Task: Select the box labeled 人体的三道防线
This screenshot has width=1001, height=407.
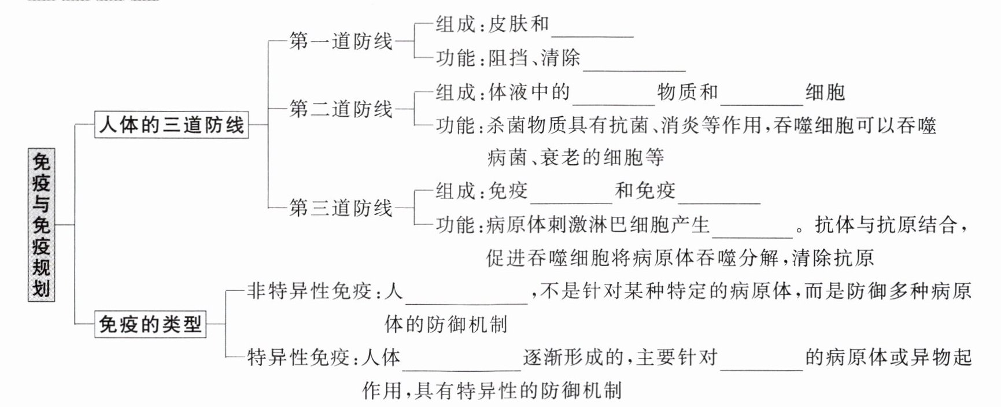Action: click(171, 124)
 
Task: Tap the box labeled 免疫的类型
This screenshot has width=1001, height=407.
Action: click(150, 324)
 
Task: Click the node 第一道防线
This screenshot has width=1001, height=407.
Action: click(341, 42)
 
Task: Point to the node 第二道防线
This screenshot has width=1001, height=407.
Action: click(341, 109)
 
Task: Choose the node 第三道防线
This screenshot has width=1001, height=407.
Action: click(341, 208)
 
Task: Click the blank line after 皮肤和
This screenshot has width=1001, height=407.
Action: click(593, 37)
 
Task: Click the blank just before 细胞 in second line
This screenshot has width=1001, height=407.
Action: click(762, 105)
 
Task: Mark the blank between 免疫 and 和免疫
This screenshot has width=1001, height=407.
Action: click(571, 203)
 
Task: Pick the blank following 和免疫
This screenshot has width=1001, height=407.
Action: click(719, 203)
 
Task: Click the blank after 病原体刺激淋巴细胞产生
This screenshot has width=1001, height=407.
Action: click(752, 237)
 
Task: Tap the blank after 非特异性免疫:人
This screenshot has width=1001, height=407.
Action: click(467, 303)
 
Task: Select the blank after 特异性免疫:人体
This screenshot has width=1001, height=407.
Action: click(461, 369)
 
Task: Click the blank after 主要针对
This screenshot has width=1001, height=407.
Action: click(762, 369)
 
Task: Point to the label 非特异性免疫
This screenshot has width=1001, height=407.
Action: click(309, 290)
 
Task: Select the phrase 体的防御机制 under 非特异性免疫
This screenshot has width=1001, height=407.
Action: click(446, 324)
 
